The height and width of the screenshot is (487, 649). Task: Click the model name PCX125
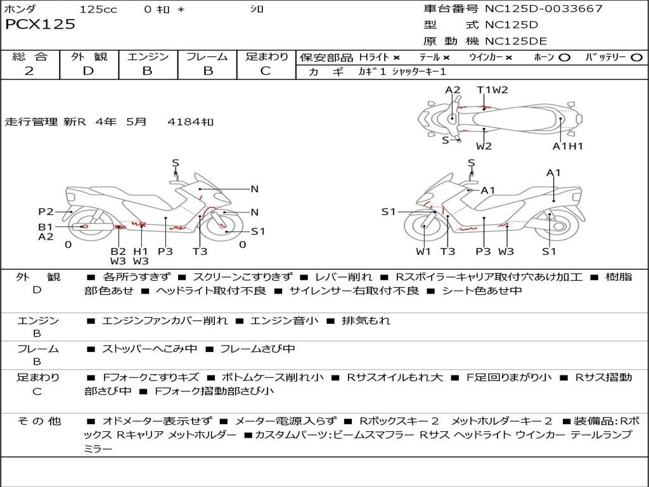point(40,25)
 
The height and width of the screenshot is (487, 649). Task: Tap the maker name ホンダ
point(20,9)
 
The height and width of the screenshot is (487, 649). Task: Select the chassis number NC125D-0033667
point(543,9)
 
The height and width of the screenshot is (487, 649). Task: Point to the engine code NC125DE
point(516,42)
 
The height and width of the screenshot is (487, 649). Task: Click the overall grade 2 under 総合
point(29,70)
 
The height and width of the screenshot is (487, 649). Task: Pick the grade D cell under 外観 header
point(88,70)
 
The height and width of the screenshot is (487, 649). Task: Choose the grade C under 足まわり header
point(266,70)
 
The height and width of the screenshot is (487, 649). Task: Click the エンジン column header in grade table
point(148,57)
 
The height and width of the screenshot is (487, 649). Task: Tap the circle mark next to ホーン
point(565,58)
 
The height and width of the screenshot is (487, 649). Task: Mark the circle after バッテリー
point(636,58)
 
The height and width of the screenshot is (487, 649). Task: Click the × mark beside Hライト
point(396,58)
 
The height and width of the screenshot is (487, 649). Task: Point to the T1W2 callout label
point(492,89)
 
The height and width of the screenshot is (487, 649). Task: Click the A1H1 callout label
point(567,146)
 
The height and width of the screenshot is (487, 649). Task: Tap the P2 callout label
point(46,212)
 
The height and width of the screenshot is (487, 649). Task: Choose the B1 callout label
point(46,226)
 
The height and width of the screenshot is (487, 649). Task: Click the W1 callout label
point(423,251)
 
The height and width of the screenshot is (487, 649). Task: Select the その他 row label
point(39,421)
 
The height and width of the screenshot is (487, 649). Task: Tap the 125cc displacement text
point(98,9)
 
